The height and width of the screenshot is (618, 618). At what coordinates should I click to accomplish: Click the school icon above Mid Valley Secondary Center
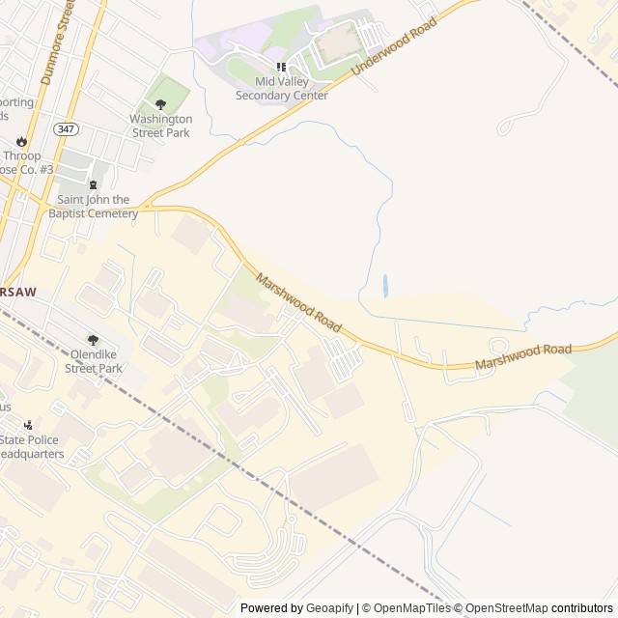click(x=282, y=67)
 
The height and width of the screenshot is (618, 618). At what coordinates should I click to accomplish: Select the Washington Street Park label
click(x=161, y=126)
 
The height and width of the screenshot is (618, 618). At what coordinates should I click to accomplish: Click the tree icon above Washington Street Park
click(x=161, y=104)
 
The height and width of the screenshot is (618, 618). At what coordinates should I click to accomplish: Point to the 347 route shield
click(x=67, y=128)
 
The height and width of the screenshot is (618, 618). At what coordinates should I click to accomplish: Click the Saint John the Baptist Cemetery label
click(x=94, y=207)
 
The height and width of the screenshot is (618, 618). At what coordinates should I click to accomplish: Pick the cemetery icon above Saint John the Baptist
click(x=94, y=185)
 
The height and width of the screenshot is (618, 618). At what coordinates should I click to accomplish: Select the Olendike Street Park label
click(x=94, y=361)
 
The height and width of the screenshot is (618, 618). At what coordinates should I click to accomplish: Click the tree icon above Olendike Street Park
click(x=94, y=340)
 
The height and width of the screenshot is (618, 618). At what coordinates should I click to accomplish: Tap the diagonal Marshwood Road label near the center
click(x=299, y=303)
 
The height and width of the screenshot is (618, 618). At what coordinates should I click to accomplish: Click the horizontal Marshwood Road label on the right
click(x=522, y=356)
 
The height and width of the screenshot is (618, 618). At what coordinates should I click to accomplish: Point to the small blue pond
click(x=385, y=285)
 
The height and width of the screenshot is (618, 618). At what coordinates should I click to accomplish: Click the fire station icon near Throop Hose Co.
click(x=21, y=141)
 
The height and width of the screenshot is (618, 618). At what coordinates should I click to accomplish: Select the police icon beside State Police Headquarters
click(x=28, y=425)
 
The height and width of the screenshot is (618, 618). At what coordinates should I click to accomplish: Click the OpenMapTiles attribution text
click(x=410, y=608)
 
